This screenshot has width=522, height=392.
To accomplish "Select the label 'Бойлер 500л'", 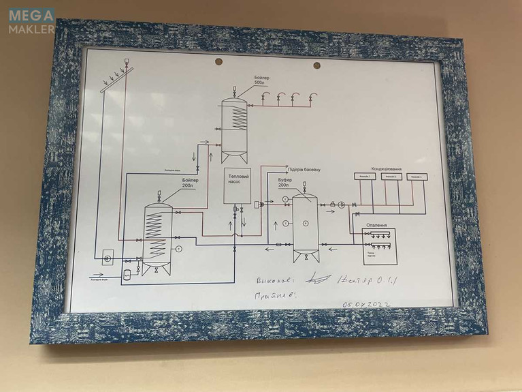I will [x=263, y=80].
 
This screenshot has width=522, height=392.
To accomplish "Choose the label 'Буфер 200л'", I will [x=287, y=181].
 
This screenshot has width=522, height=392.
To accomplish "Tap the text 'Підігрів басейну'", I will [x=304, y=169].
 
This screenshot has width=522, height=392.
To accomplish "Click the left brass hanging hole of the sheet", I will [x=218, y=61].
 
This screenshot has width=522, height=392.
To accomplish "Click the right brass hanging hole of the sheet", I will [x=316, y=65].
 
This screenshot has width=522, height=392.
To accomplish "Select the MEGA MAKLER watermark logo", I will [x=31, y=21].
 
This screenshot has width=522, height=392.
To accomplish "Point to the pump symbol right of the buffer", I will [x=342, y=205].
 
